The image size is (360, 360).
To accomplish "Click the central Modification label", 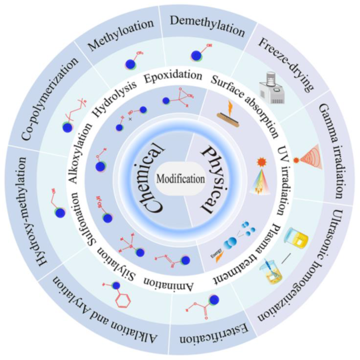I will [x=180, y=179].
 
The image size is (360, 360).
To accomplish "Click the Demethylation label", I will [x=209, y=26].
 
